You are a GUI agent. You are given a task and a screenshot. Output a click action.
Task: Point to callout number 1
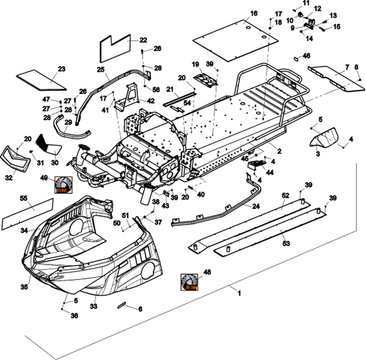(239, 293)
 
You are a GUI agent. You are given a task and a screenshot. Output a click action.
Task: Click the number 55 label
(23, 197)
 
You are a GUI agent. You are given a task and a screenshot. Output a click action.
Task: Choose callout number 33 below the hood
(93, 306)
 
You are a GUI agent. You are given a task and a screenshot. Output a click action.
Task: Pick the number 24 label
(256, 206)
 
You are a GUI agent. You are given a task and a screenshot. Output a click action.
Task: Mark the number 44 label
(270, 172)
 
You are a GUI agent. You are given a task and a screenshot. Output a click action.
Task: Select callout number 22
(143, 40)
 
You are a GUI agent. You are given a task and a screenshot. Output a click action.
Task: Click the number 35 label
(24, 287)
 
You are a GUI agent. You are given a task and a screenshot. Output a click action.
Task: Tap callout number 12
(317, 8)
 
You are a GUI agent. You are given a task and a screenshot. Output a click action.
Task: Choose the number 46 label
(307, 55)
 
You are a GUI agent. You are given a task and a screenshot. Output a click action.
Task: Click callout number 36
(75, 316)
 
